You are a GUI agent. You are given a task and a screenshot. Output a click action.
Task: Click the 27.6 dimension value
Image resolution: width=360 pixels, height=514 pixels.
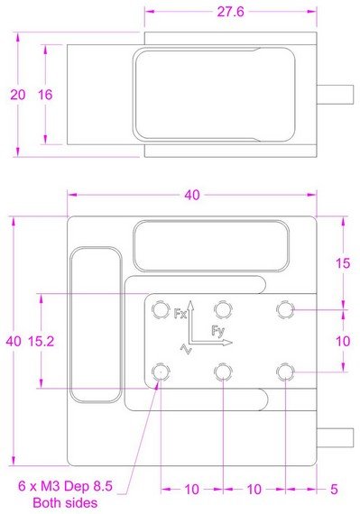pos(230,12)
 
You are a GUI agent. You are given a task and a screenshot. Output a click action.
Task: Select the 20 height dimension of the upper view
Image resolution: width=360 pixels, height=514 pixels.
pos(18,95)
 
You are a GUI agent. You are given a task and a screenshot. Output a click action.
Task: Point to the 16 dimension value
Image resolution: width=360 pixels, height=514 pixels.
pos(45,95)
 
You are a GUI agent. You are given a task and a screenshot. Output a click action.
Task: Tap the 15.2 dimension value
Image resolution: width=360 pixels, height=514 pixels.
pos(41,342)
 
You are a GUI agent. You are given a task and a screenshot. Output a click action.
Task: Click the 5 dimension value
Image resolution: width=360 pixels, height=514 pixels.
pos(334,490)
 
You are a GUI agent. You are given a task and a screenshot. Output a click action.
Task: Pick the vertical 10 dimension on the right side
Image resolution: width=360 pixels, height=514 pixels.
pos(343,342)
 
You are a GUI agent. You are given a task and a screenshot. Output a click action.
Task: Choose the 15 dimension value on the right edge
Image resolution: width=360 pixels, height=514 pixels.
pos(343,263)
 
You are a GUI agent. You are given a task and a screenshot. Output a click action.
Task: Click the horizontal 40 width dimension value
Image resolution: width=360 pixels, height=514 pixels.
pos(192,195)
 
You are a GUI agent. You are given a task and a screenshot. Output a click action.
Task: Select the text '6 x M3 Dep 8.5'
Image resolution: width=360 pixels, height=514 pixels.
pos(65,486)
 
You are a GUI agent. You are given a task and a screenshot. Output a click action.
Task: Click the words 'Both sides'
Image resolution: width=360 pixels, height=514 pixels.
pos(65,502)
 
